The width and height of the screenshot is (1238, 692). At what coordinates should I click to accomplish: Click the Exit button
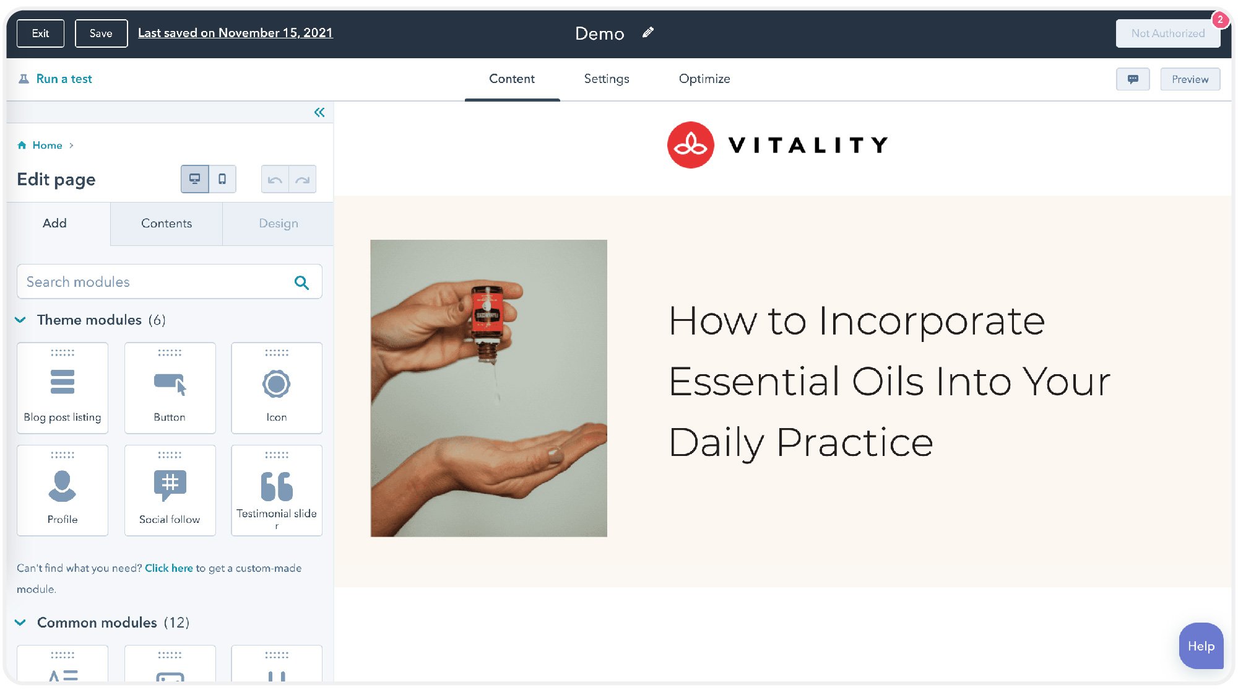40,33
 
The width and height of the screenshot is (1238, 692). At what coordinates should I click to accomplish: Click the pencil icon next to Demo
648,33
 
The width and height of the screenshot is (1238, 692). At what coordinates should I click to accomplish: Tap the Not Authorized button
1167,33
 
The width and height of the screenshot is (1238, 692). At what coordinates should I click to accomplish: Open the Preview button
1190,79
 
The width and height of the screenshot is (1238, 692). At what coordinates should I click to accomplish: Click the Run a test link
64,79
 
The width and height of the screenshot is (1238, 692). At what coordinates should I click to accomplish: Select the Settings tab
607,79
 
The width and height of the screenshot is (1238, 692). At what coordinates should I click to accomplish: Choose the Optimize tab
704,79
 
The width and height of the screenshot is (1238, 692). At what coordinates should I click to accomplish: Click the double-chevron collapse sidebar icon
319,112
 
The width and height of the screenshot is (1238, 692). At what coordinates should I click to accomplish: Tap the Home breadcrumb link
47,145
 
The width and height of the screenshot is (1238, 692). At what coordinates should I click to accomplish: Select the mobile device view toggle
222,179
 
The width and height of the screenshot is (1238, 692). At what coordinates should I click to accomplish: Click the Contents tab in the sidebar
167,223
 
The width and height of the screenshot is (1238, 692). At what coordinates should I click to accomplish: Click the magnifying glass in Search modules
301,282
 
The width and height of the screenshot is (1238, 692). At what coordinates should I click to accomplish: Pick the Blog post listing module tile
63,388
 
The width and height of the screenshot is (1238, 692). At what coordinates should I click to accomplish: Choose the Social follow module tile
170,490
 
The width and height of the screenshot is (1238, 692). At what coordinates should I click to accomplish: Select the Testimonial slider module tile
277,490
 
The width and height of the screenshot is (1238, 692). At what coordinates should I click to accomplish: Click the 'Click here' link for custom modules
169,568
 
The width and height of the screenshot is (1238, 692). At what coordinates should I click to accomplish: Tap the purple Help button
1201,646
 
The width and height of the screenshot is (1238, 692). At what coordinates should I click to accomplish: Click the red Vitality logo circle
691,145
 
